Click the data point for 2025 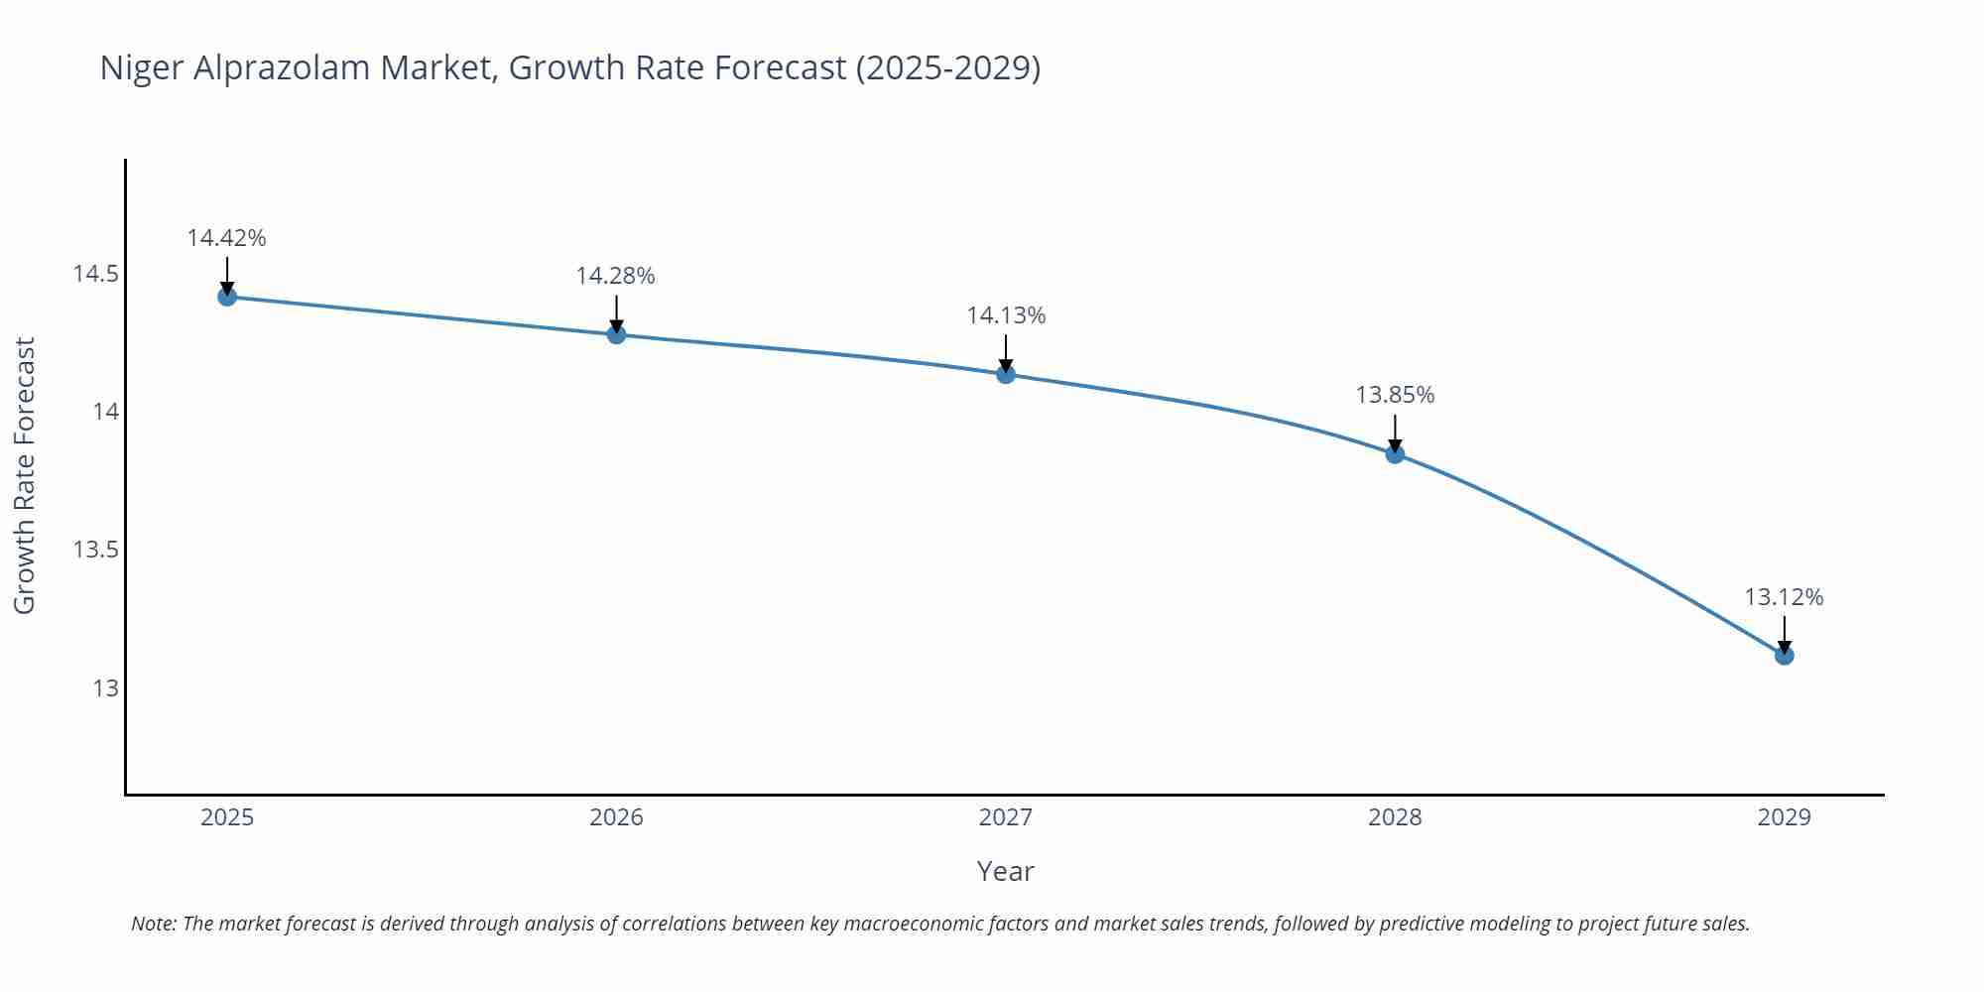pos(227,297)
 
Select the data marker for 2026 pos(616,334)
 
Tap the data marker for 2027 pos(1006,374)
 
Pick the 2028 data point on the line pos(1395,454)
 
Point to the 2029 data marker pos(1784,656)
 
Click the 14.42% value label pos(226,238)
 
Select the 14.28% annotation pos(615,276)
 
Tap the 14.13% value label pos(1006,315)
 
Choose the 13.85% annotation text pos(1395,395)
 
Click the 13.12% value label pos(1784,597)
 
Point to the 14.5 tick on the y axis pos(95,274)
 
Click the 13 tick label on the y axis pos(105,687)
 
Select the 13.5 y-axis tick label pos(95,550)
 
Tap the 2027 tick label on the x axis pos(1006,817)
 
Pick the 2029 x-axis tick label pos(1784,817)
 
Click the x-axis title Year pos(1005,871)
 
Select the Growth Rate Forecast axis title pos(25,475)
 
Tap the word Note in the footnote pos(153,924)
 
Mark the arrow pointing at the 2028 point pos(1395,434)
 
